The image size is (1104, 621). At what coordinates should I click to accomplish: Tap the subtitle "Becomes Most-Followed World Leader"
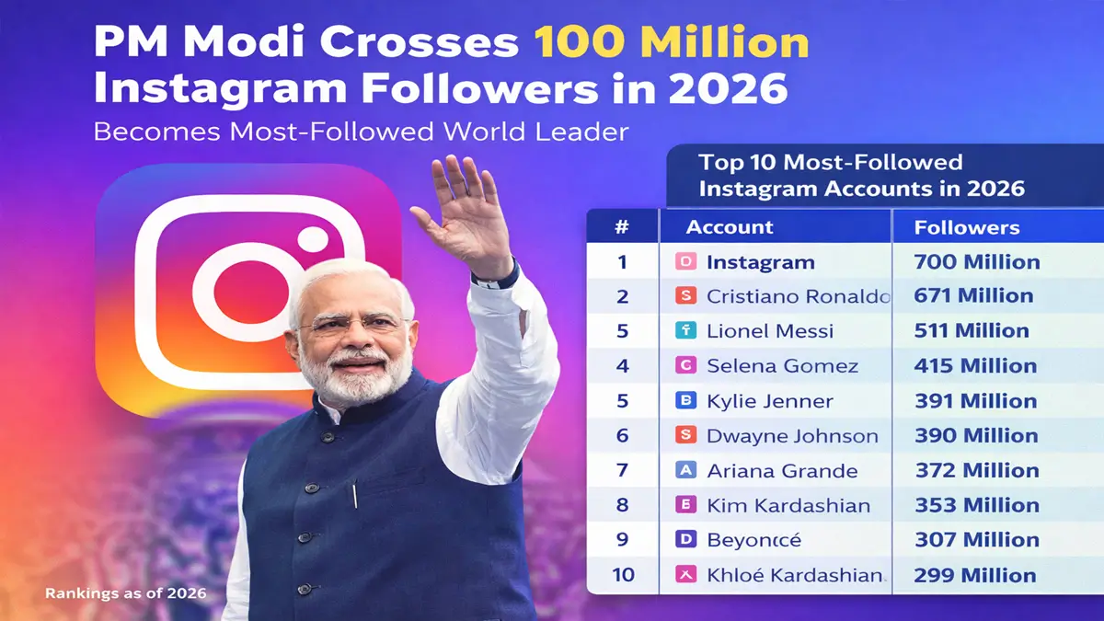pos(361,131)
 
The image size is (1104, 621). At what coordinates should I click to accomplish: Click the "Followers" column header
pos(966,227)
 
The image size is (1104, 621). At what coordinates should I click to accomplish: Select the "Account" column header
pos(730,227)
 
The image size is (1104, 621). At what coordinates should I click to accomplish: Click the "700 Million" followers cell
pos(976,262)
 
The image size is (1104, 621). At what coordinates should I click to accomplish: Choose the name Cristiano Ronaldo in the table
pos(798,296)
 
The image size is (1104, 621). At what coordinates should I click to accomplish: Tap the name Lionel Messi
pos(769,331)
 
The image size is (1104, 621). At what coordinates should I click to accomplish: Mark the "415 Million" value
pos(975,366)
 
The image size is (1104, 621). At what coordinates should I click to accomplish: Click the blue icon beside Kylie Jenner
pos(685,400)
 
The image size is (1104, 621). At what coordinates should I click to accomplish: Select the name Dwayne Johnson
pos(791,436)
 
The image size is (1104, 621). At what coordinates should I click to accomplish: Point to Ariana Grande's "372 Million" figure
pos(976,471)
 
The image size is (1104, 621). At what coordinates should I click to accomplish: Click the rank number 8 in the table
pos(622,505)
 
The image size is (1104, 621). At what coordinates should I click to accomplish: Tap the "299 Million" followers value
pos(974,576)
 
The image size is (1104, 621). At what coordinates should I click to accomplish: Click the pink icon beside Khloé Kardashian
pos(685,575)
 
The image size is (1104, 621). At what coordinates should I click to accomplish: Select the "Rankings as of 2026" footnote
pos(125,593)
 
